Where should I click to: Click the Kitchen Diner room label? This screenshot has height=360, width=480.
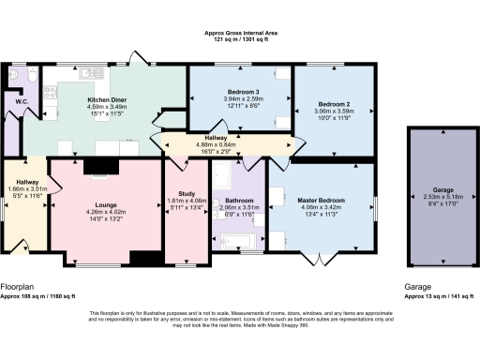click(x=107, y=100)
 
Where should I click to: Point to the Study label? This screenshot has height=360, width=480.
click(x=185, y=192)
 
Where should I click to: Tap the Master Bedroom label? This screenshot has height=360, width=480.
click(x=322, y=199)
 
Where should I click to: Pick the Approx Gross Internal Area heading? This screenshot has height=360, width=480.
click(x=240, y=32)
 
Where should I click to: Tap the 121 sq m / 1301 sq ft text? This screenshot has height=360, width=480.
click(x=240, y=39)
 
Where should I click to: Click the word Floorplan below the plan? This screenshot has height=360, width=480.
click(x=18, y=284)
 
